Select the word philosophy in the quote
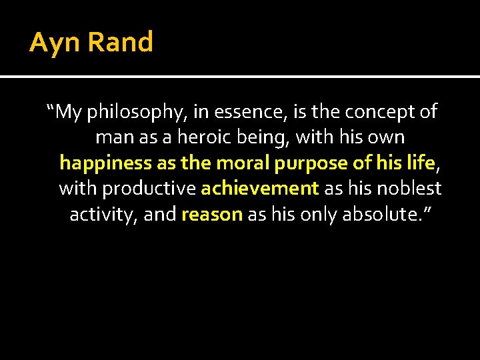136,112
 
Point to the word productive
149,189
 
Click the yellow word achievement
259,189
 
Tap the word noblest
409,189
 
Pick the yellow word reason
211,215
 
